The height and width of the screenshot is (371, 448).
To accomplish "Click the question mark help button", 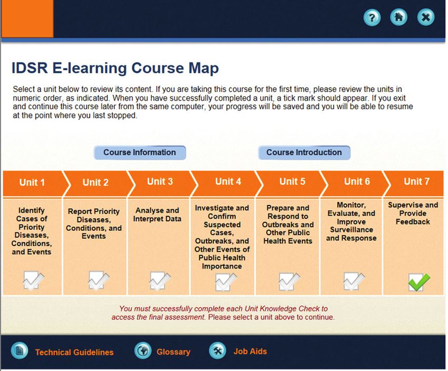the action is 372,18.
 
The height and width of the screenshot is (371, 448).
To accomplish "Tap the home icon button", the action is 398,17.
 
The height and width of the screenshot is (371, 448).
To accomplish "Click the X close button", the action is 426,17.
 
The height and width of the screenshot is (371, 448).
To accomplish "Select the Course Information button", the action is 140,152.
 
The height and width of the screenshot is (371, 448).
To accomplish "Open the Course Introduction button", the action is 304,152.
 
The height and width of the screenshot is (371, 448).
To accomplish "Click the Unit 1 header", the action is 32,182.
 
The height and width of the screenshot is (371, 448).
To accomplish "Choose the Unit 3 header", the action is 160,182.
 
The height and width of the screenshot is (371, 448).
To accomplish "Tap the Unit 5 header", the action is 292,182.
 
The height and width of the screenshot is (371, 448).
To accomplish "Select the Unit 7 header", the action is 416,182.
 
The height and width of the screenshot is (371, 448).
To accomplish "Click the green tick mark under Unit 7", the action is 418,281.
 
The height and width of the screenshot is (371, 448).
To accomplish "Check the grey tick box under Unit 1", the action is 33,280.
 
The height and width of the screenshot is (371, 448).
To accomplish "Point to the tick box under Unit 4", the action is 226,282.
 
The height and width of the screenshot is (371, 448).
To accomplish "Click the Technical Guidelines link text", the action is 74,352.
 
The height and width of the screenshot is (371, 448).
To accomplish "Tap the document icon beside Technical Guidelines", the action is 20,350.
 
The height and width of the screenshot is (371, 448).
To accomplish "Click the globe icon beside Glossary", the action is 143,350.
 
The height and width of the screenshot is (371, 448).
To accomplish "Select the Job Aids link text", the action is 250,352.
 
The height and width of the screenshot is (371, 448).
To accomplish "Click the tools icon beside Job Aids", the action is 218,350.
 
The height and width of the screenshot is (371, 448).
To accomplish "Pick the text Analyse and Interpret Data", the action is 157,214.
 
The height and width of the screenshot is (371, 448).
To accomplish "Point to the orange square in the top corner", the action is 27,18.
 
